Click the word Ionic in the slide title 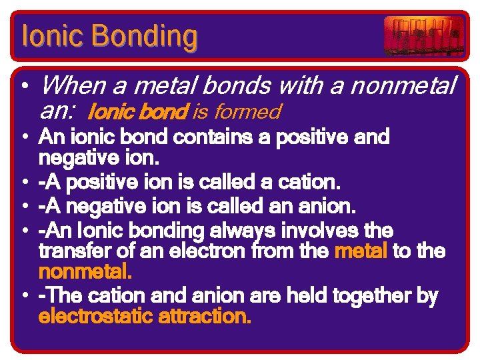click(47, 36)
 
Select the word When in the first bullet click(69, 85)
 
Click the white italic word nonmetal click(401, 85)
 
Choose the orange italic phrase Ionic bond click(138, 111)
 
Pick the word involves click(323, 231)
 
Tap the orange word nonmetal click(85, 272)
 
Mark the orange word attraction click(205, 316)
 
